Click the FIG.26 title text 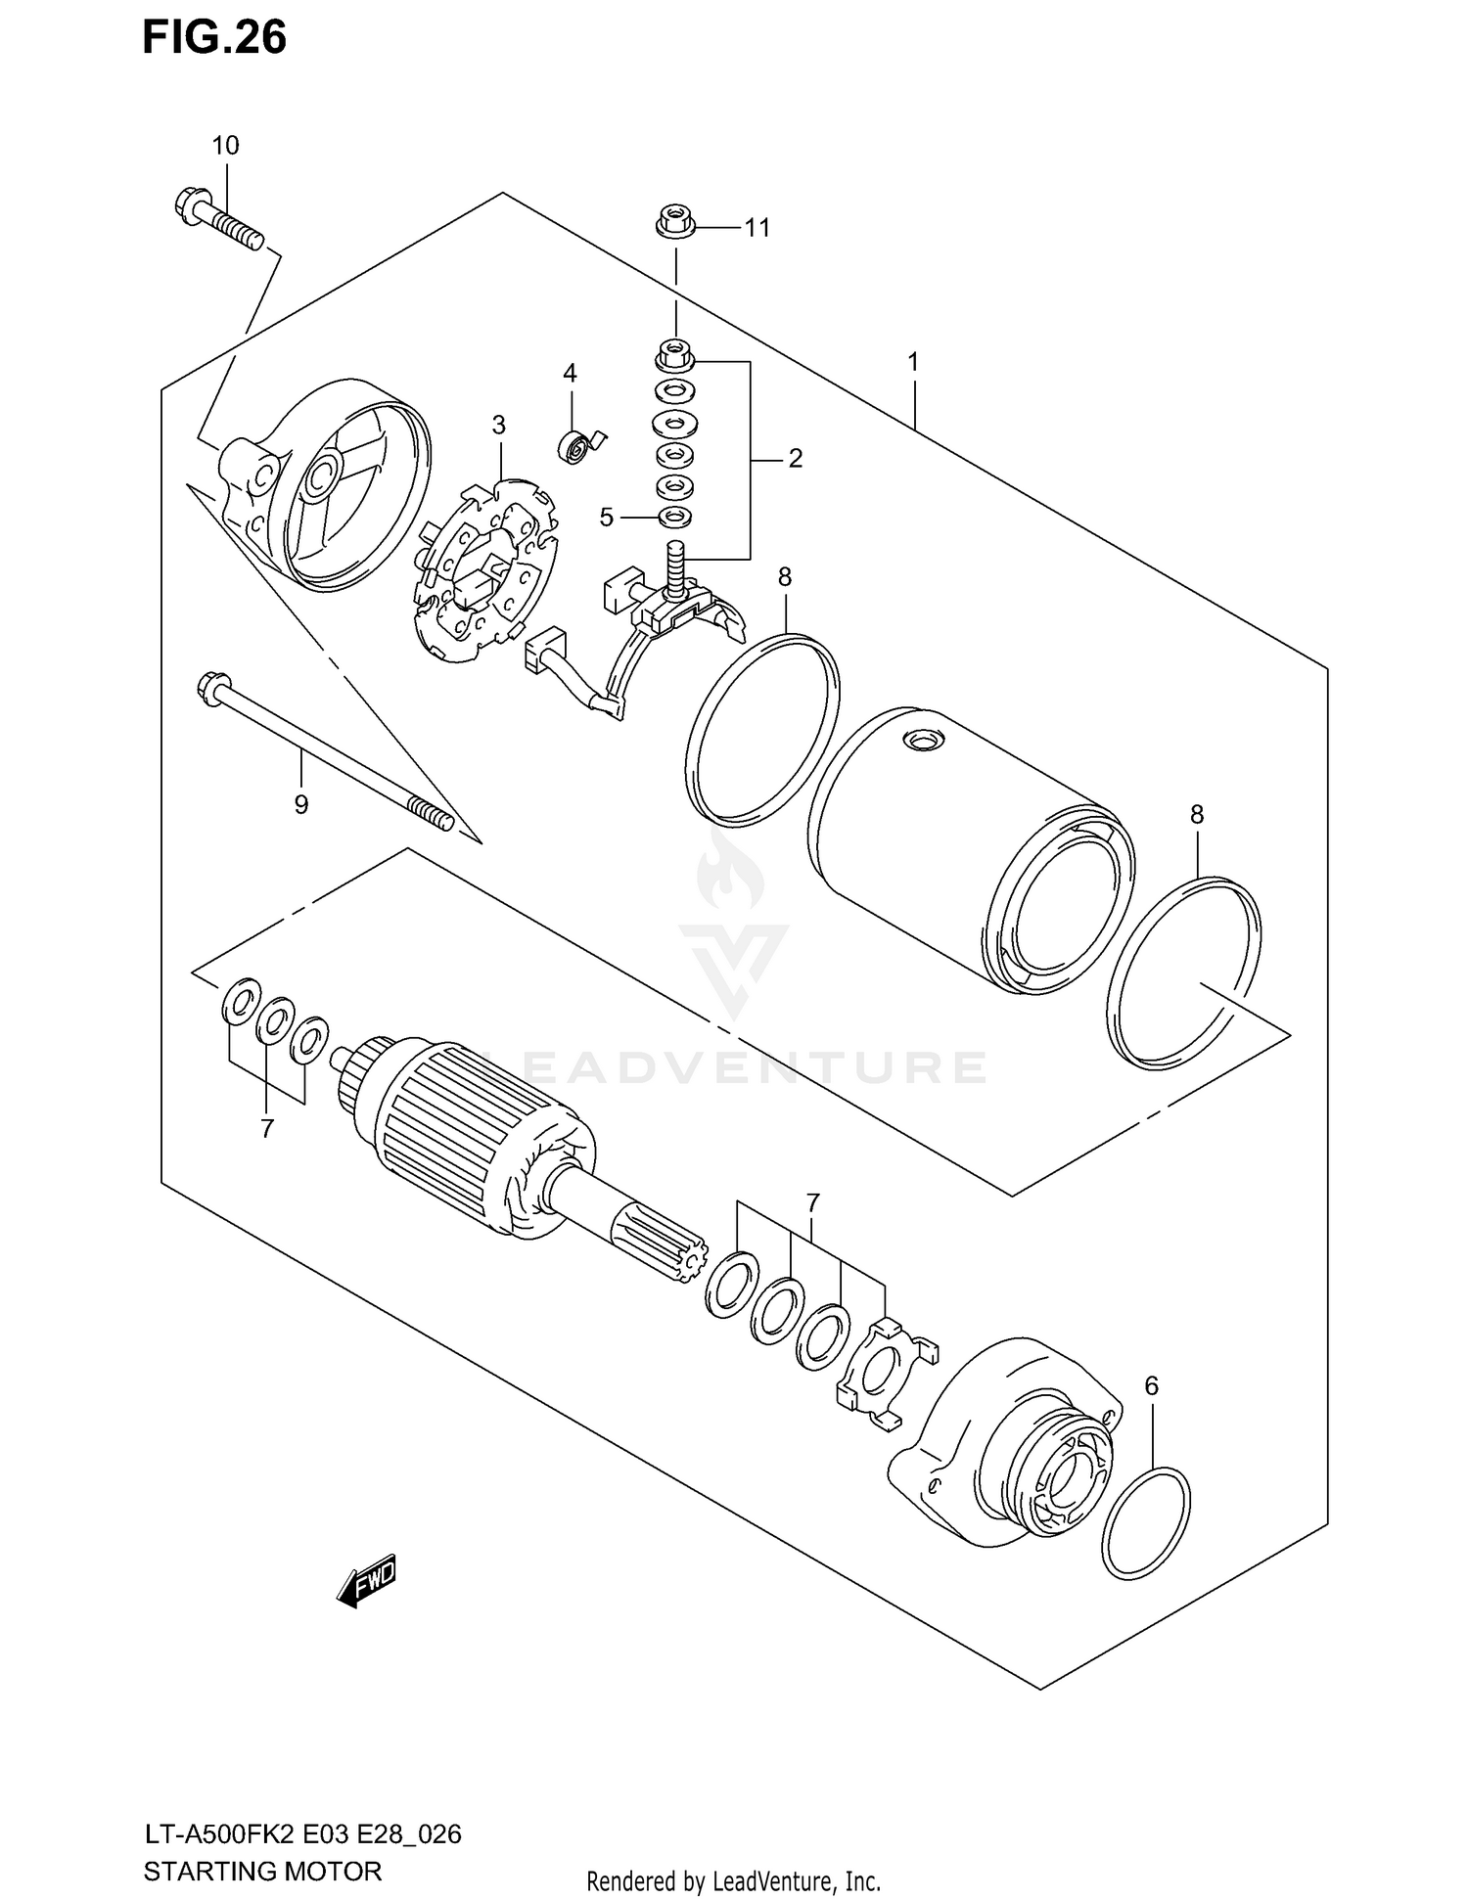(214, 37)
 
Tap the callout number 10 (225, 146)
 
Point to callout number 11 (757, 228)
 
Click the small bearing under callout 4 (576, 447)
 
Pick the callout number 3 (499, 425)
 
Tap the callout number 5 (607, 517)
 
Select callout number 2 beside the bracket (795, 457)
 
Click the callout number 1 (912, 362)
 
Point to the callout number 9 (300, 804)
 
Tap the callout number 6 (1151, 1385)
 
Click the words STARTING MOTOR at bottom (262, 1871)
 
